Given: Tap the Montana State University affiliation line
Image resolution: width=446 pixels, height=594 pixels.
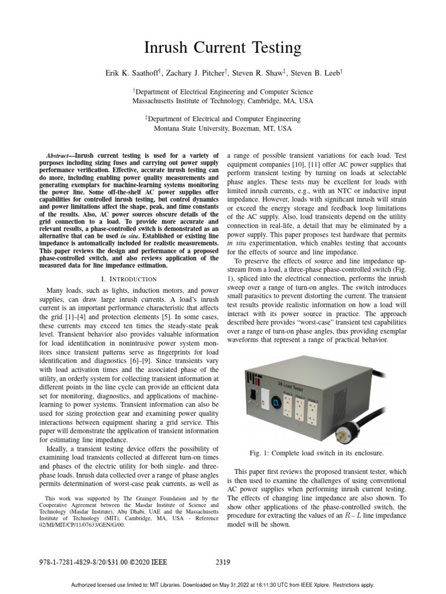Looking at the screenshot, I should pos(222,129).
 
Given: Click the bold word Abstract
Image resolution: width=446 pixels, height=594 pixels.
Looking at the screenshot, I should pos(59,156).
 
